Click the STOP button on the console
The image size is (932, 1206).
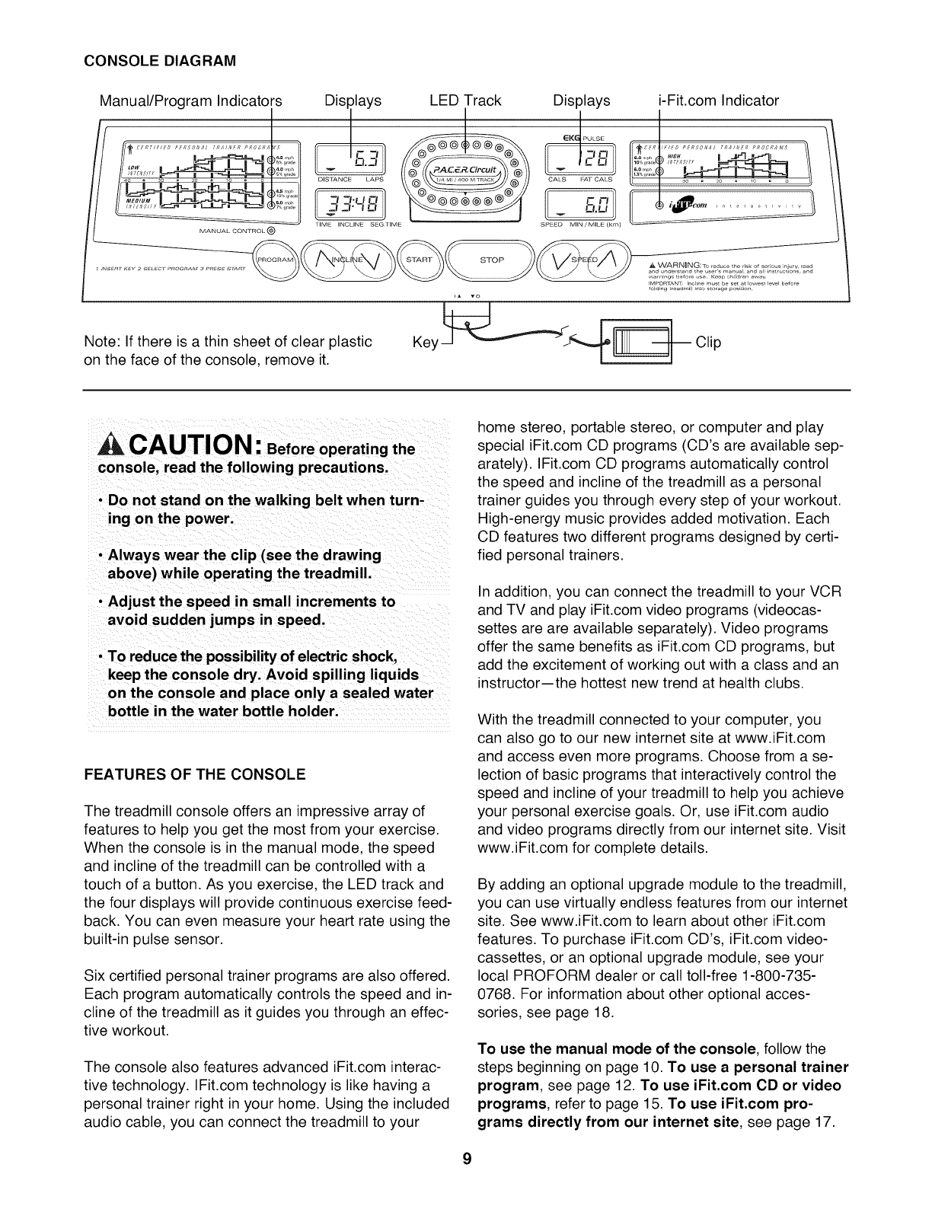(492, 260)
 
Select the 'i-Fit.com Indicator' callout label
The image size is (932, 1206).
(718, 100)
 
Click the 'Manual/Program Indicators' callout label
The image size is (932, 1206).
(191, 100)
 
